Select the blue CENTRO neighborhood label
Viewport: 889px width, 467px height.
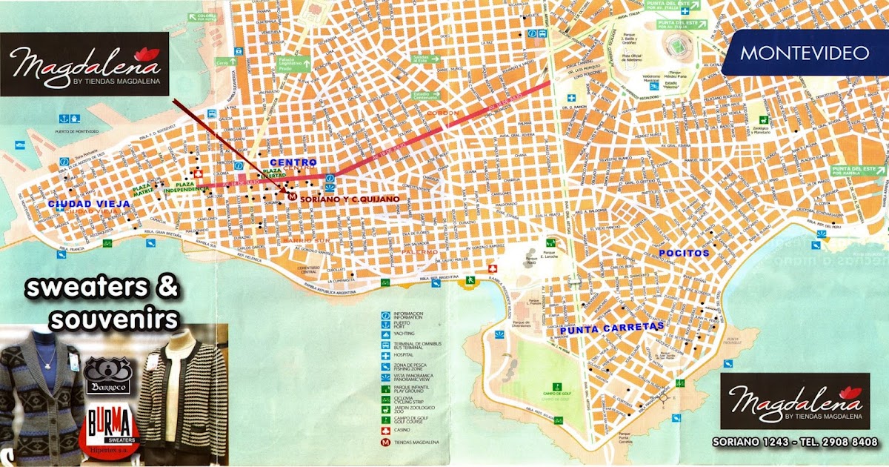(x=293, y=162)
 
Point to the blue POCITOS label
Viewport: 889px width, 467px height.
(x=684, y=253)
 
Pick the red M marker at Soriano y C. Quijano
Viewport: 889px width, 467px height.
(x=293, y=198)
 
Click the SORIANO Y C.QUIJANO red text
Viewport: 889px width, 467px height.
(x=349, y=199)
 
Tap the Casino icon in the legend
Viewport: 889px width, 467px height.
(x=384, y=431)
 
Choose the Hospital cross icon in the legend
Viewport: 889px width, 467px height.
(x=384, y=355)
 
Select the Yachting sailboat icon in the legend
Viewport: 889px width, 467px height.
(x=384, y=334)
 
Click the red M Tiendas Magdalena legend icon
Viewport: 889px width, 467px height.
(x=384, y=443)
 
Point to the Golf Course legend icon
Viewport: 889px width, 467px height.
(x=384, y=420)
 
